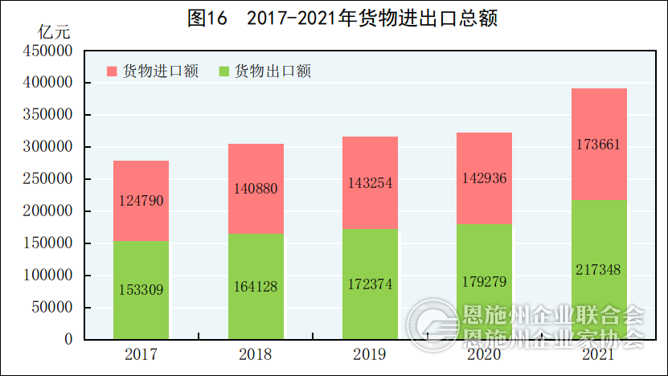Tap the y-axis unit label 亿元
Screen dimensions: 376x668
(x=54, y=33)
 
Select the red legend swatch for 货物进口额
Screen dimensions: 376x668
(x=112, y=72)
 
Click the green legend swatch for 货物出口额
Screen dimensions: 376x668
(x=224, y=72)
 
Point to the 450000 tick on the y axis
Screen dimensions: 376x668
(x=47, y=51)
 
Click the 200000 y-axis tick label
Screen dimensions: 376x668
(x=47, y=211)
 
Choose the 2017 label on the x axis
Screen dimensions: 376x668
(x=141, y=354)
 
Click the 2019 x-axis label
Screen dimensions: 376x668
(x=370, y=354)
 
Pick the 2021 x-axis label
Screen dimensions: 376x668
(x=599, y=354)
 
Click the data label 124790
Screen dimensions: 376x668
(x=141, y=201)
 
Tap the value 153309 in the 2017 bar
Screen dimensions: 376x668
(x=141, y=290)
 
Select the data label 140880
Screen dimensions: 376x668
(x=256, y=190)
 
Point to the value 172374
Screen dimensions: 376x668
(x=370, y=285)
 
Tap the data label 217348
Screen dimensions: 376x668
(x=599, y=270)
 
